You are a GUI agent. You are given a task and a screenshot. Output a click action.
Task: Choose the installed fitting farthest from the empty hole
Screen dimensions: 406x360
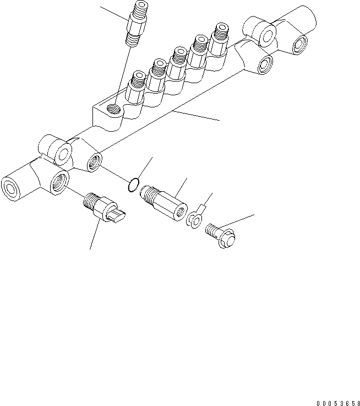click(220, 39)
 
